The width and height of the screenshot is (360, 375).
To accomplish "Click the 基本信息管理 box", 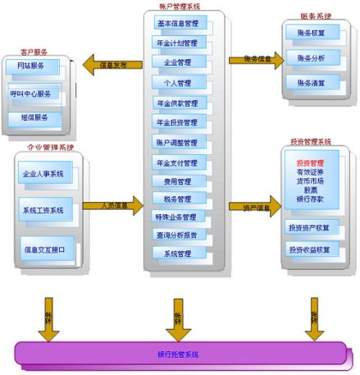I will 176,24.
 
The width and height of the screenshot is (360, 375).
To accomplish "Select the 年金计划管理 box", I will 176,43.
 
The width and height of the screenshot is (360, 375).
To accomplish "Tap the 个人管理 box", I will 178,83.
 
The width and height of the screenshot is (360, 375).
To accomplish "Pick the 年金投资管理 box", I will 176,123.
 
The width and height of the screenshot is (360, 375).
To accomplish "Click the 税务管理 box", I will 178,198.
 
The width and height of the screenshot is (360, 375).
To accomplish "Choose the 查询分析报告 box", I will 176,236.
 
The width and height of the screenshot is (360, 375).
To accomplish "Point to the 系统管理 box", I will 178,254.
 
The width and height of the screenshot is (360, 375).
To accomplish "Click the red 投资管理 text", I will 310,163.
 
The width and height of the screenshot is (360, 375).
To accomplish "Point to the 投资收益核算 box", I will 312,249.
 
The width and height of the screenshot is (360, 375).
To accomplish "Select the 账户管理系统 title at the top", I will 177,6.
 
